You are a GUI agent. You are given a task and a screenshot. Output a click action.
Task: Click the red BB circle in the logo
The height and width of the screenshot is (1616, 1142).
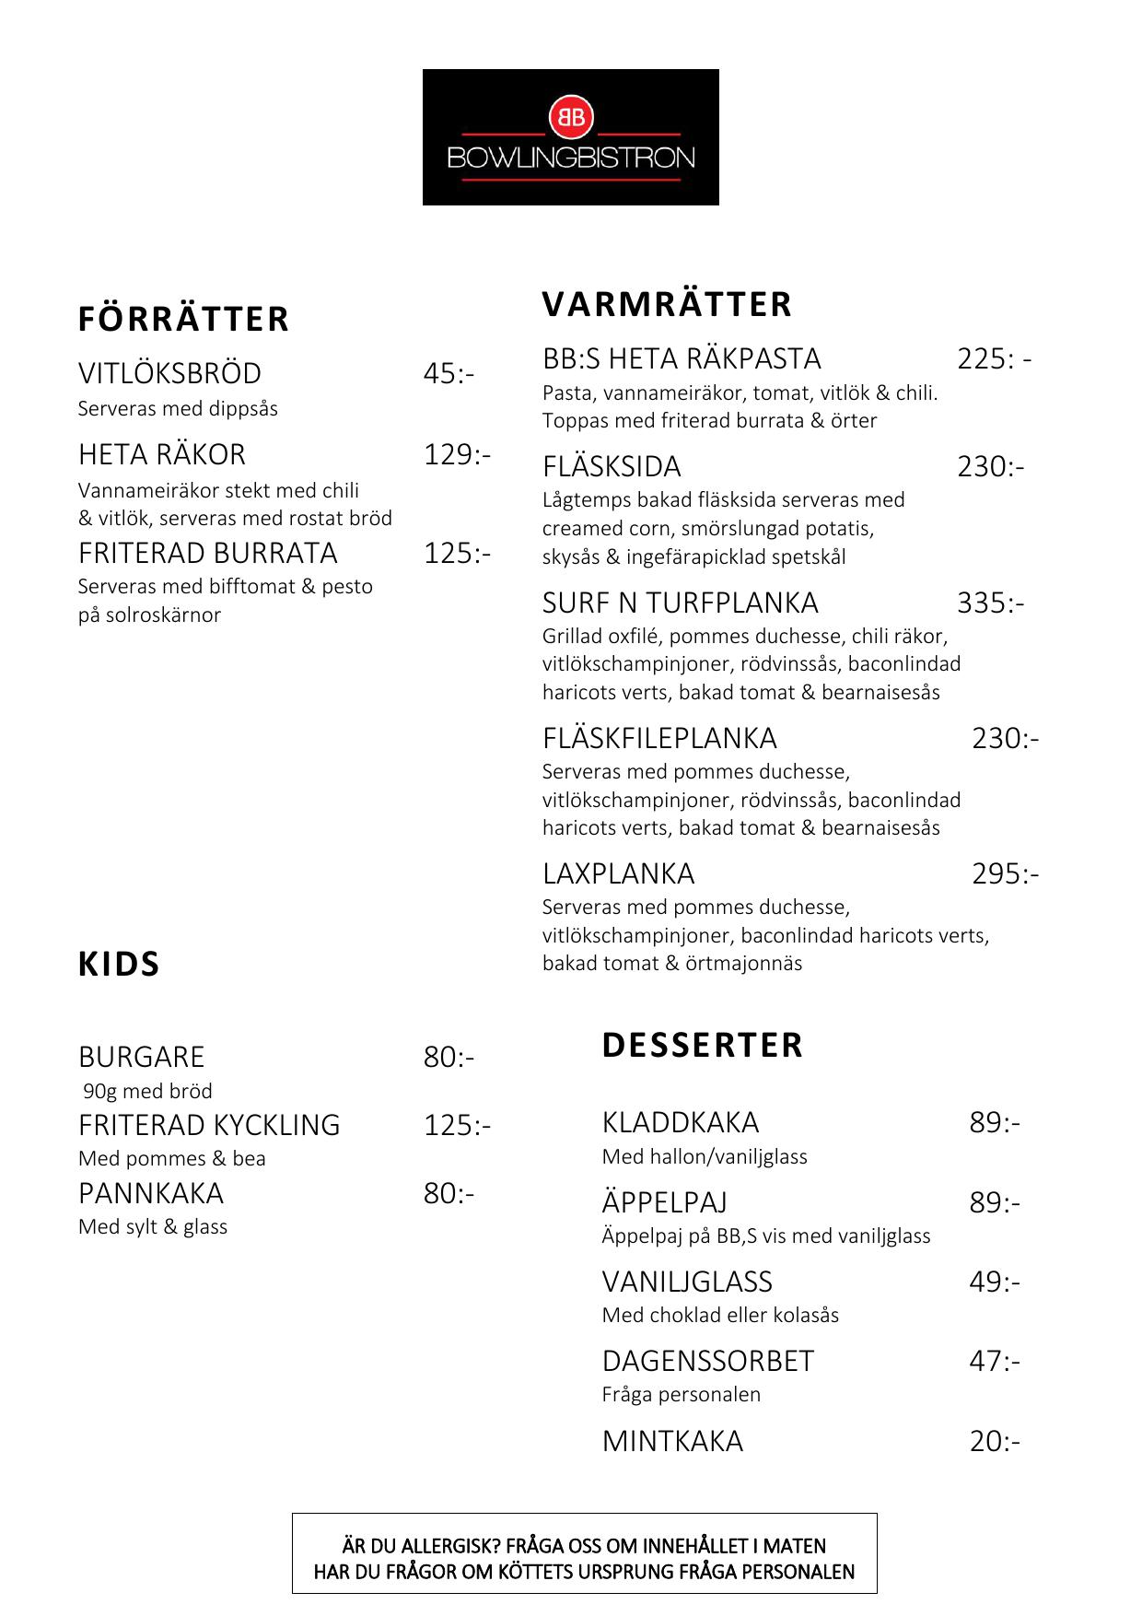(571, 117)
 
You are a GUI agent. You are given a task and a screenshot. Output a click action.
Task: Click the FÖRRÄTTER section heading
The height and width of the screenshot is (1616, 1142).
(183, 319)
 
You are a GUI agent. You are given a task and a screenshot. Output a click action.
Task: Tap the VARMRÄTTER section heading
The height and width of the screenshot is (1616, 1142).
(667, 304)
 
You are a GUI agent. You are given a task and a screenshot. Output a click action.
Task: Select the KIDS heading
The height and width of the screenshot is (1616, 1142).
(119, 964)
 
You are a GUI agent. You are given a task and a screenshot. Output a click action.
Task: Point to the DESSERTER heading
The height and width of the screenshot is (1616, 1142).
(703, 1045)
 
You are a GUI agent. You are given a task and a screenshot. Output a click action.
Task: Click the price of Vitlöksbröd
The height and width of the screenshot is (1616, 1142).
(449, 373)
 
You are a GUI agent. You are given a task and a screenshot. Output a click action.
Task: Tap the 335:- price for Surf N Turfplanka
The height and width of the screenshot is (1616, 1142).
(990, 603)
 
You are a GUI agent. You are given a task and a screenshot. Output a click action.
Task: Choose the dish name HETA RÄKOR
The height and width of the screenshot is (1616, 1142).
(162, 454)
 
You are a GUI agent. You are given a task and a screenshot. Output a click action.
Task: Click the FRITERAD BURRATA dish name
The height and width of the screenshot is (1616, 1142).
(208, 553)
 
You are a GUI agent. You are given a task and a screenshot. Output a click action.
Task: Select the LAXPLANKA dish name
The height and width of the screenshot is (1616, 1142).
(618, 873)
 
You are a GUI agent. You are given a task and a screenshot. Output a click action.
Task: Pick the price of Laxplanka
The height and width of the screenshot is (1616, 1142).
(1005, 873)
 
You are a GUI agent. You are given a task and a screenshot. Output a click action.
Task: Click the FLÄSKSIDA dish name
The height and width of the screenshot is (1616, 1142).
(612, 466)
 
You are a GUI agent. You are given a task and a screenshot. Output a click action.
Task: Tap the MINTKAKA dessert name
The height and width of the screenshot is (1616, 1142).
(672, 1441)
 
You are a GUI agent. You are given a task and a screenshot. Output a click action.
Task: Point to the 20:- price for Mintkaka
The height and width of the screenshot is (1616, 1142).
(995, 1441)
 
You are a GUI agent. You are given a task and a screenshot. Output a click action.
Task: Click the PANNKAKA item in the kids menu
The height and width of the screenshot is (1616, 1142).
(151, 1193)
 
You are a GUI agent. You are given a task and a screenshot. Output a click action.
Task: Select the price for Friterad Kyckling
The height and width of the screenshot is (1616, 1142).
(457, 1125)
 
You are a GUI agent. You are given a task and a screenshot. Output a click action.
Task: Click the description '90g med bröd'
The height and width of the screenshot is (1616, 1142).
(147, 1091)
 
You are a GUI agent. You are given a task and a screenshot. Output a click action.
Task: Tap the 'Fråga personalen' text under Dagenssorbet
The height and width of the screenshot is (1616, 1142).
(682, 1394)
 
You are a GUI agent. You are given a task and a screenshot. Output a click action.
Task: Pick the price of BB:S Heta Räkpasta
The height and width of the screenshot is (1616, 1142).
(994, 358)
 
